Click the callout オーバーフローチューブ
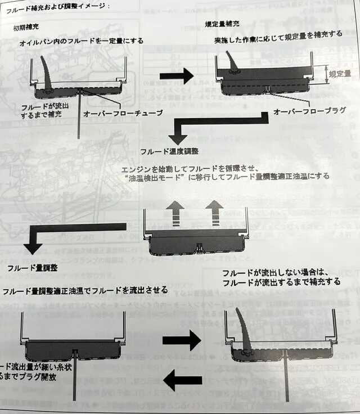pos(123,113)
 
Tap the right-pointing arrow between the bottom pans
pos(181,340)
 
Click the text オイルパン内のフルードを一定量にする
pos(81,40)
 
